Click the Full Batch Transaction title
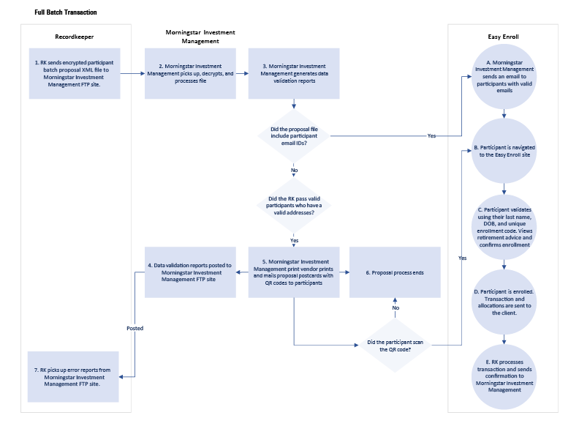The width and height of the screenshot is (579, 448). point(65,12)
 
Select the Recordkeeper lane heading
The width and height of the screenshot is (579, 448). point(75,36)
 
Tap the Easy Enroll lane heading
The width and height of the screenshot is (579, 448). point(503,36)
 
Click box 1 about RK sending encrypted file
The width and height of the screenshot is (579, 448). point(75,73)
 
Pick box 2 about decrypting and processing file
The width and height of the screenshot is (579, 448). point(191,73)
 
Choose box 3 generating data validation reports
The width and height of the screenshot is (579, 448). point(294,73)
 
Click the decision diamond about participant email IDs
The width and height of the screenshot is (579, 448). point(293,135)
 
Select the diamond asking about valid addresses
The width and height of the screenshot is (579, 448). point(294,206)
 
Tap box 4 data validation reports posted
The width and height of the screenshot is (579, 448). point(191,272)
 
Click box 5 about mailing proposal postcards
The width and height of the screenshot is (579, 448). point(294,272)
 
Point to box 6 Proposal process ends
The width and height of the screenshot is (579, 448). point(395,272)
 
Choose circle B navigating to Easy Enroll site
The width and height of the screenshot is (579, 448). point(504,151)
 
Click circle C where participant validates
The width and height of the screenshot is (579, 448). point(504,226)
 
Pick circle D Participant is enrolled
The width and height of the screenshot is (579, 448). point(504,301)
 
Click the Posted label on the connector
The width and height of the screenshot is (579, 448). point(135,328)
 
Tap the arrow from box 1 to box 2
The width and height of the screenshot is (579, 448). point(132,73)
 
